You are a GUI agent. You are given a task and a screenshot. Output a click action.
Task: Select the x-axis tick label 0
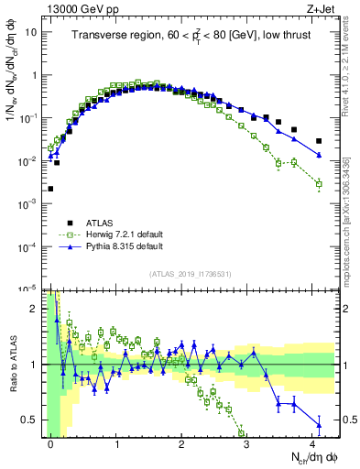click(50, 442)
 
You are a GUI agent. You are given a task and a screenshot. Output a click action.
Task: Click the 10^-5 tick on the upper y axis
click(27, 289)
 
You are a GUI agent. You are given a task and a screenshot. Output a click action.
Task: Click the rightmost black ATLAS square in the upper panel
click(319, 141)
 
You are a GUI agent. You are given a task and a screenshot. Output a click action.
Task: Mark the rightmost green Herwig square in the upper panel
click(319, 184)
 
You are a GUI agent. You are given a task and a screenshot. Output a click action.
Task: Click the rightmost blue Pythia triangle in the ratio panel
click(319, 424)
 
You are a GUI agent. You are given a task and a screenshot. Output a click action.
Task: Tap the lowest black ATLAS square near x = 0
click(50, 189)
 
